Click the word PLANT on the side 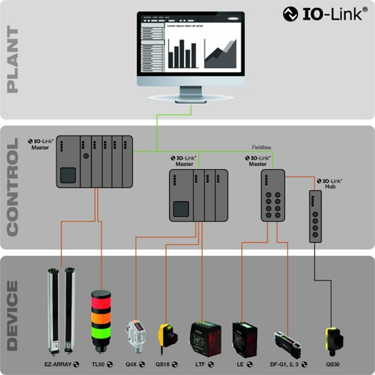[x=13, y=60]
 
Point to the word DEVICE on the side [x=13, y=315]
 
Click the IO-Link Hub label [x=330, y=183]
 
